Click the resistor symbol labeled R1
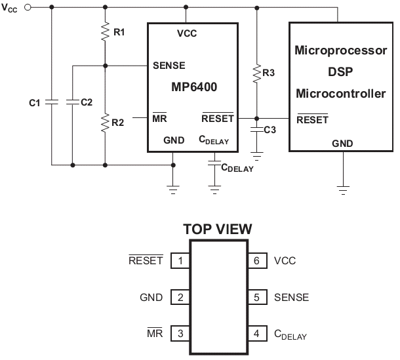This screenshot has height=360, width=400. (105, 31)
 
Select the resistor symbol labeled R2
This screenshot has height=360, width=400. (105, 123)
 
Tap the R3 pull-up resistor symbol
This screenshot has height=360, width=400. (257, 73)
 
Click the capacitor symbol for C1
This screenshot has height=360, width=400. (52, 102)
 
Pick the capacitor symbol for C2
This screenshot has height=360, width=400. (73, 102)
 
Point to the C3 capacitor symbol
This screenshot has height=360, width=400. (257, 130)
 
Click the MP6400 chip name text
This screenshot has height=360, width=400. (194, 87)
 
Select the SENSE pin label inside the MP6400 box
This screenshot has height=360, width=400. (169, 66)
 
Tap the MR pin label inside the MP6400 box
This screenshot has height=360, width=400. (159, 117)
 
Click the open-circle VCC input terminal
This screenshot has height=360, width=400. (28, 7)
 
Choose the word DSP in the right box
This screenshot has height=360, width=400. (340, 71)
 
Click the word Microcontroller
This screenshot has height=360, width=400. (341, 93)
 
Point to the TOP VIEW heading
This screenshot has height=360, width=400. (218, 229)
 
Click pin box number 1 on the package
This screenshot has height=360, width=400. (180, 260)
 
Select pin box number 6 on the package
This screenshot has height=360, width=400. (258, 260)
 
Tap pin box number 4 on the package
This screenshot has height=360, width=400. (258, 333)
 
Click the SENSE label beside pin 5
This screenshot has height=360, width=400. (291, 297)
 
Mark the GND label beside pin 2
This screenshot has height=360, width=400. (151, 297)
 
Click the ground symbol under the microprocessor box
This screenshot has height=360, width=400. (343, 190)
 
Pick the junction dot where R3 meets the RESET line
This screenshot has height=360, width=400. (257, 119)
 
